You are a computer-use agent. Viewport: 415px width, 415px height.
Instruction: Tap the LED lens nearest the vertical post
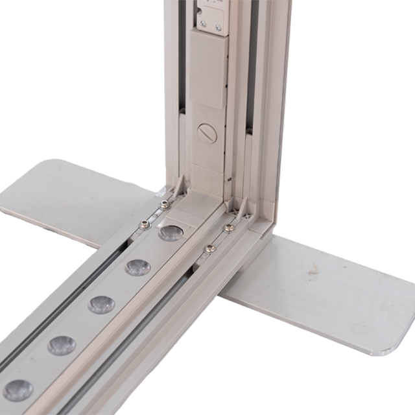click(x=170, y=233)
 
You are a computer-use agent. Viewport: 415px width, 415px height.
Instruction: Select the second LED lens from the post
click(x=137, y=267)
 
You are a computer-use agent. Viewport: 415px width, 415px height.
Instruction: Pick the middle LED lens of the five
click(x=101, y=304)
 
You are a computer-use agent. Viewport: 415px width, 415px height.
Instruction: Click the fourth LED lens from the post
click(x=61, y=345)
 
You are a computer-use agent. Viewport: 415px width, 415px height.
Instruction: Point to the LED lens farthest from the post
click(x=18, y=389)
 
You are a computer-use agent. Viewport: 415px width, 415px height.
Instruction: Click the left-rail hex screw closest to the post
click(x=164, y=204)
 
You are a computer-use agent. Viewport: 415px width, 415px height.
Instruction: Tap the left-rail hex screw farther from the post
click(x=144, y=225)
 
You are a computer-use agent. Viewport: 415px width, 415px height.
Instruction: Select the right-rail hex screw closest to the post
click(x=228, y=228)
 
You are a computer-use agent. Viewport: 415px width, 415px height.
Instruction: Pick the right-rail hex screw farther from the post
click(x=209, y=248)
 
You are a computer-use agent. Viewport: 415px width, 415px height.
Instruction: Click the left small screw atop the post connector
click(x=202, y=24)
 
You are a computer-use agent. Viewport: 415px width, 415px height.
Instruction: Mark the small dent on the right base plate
click(x=314, y=268)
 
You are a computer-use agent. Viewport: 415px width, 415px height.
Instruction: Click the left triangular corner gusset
click(x=176, y=188)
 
